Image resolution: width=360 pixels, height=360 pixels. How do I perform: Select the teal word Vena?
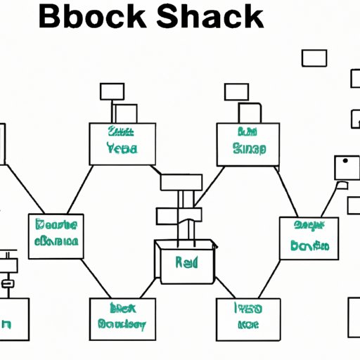[122, 149]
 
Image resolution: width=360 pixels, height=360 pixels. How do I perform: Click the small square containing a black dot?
[345, 167]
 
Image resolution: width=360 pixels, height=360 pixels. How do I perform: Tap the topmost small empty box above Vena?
[112, 91]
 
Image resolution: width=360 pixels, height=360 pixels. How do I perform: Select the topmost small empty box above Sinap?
[236, 91]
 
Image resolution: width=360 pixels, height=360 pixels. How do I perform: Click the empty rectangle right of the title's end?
[314, 58]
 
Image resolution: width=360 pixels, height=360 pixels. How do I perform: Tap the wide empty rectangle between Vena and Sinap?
[181, 182]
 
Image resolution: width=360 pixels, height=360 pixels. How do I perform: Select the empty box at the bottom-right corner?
[354, 317]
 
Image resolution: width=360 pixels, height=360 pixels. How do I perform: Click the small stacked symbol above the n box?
[8, 271]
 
